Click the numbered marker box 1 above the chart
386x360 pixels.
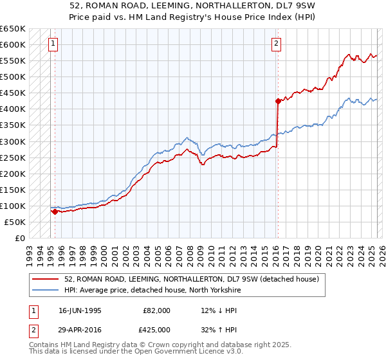[x=52, y=44]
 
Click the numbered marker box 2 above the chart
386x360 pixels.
[x=276, y=44]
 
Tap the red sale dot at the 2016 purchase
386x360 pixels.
[x=278, y=101]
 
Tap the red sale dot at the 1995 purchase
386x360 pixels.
[x=55, y=211]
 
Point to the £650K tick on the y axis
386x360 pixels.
[x=13, y=29]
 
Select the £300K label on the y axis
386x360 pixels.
[x=13, y=141]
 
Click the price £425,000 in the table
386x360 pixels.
[x=156, y=329]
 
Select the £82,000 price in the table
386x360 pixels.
[x=156, y=310]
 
